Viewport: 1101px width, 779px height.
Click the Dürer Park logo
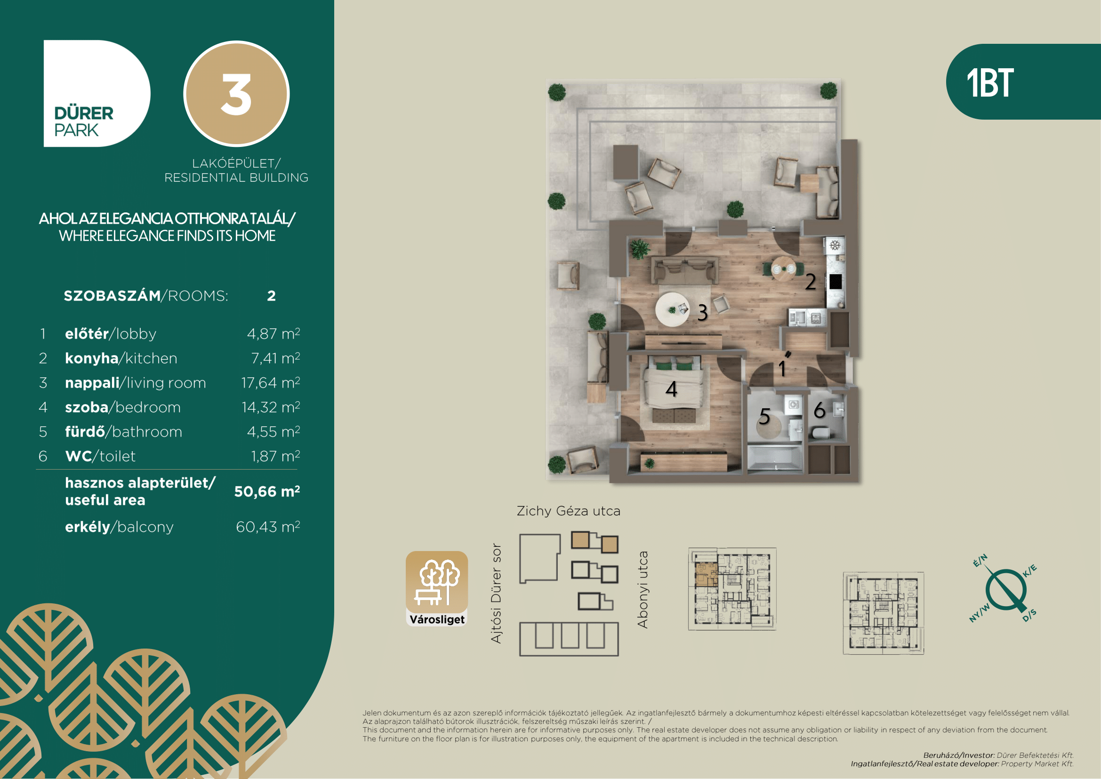[97, 94]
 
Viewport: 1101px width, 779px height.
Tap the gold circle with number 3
[236, 94]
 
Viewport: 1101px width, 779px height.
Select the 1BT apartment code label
[990, 83]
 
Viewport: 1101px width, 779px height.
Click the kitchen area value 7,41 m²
[275, 358]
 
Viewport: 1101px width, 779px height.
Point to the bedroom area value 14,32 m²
[271, 407]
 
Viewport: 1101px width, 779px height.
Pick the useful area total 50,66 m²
[267, 491]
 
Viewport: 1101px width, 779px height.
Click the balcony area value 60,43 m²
[267, 527]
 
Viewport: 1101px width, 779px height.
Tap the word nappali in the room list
[92, 383]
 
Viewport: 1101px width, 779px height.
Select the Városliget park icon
[437, 589]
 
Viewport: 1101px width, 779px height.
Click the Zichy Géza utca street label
[568, 511]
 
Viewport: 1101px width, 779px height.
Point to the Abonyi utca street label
[643, 590]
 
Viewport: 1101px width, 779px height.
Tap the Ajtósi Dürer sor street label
[496, 593]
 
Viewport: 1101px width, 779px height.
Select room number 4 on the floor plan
[671, 389]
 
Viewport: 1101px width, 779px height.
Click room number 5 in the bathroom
[764, 416]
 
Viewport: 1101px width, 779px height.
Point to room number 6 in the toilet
[820, 410]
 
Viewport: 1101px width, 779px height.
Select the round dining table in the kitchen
[783, 268]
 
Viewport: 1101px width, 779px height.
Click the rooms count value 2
[272, 296]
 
